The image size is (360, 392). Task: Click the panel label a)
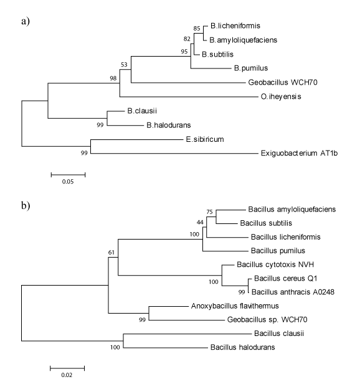click(26, 21)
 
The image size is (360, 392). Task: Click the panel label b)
click(26, 206)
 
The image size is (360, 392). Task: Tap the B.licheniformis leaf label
click(235, 26)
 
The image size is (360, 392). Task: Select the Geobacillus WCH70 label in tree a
click(283, 82)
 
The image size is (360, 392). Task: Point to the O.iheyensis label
click(281, 96)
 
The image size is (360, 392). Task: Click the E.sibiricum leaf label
click(205, 139)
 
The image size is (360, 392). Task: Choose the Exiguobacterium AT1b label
click(299, 153)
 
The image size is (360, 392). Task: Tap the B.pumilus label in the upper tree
click(251, 68)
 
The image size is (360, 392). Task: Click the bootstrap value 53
click(124, 65)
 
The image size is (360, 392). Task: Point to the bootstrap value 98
click(113, 78)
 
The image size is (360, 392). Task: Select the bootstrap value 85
click(197, 29)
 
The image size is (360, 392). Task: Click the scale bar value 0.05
click(68, 182)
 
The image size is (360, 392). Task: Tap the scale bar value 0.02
click(67, 375)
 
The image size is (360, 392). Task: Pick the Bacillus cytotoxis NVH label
click(275, 264)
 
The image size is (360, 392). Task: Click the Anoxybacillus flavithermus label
click(235, 306)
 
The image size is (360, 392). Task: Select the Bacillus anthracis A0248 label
click(293, 292)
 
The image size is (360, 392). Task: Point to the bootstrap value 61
click(111, 253)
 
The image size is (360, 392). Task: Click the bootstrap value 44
click(200, 222)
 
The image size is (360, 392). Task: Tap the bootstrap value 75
click(209, 212)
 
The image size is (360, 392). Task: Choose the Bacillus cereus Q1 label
click(285, 278)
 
